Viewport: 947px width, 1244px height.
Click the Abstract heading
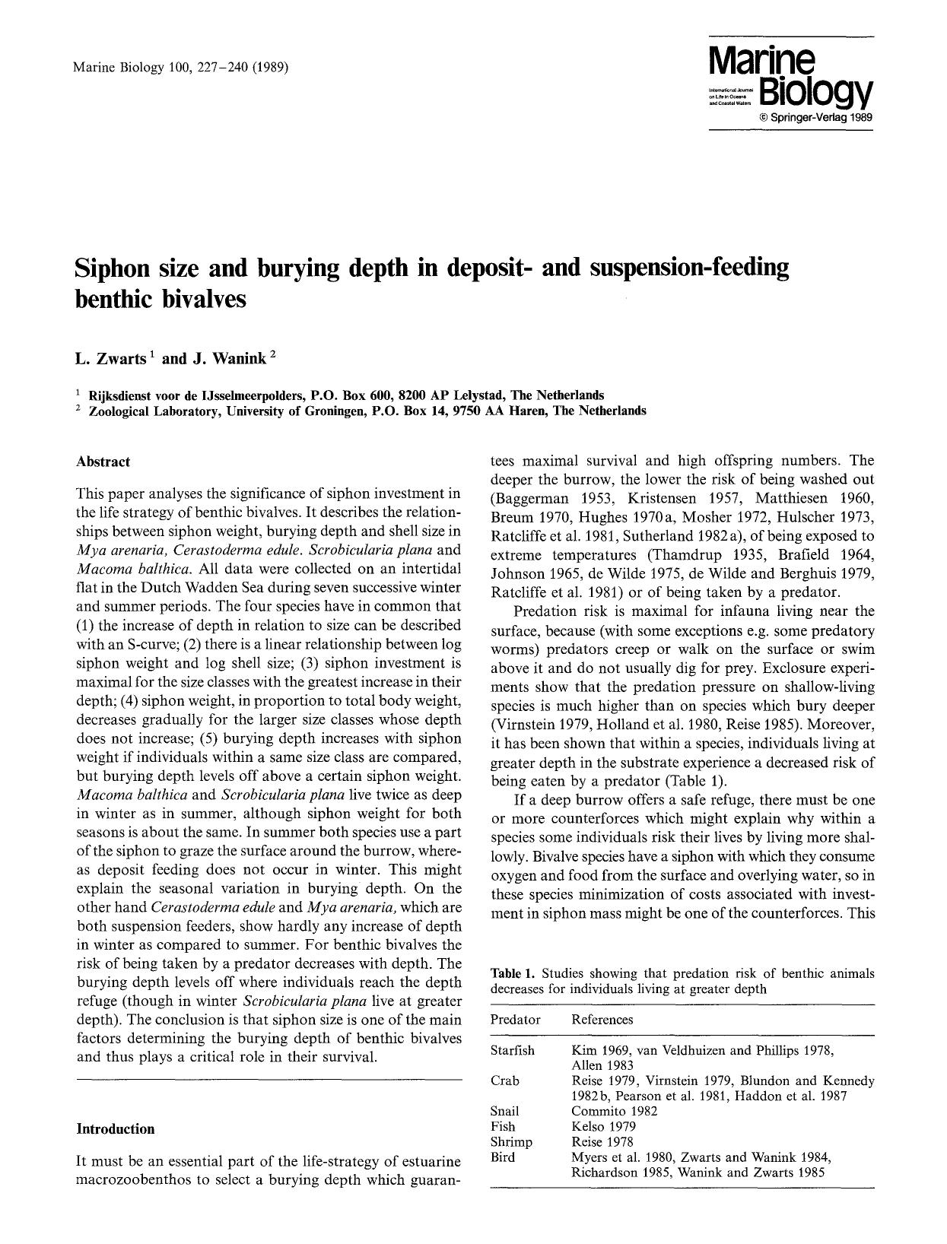pos(103,462)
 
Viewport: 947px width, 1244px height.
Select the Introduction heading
pos(116,1129)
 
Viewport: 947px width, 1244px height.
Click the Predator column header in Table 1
pos(515,1020)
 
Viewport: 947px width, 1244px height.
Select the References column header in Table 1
pos(602,1020)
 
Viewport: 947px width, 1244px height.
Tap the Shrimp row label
pos(511,1141)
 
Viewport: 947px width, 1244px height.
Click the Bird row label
pos(503,1157)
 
